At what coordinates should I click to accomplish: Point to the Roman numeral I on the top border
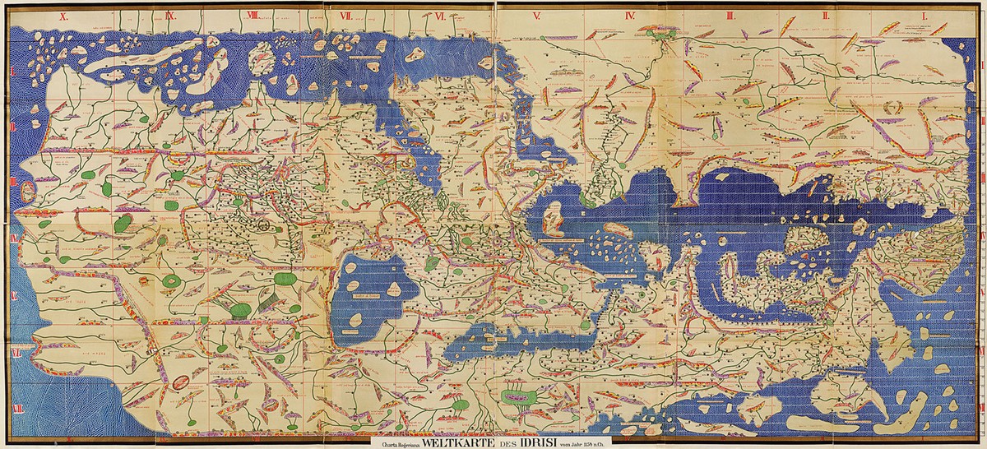924,15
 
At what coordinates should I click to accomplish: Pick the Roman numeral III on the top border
730,15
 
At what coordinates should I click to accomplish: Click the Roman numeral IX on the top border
170,15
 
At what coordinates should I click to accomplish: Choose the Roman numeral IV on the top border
631,15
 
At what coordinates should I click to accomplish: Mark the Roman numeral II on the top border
827,15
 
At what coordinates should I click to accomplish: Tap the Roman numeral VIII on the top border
253,15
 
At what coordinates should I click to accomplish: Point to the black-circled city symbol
265,221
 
